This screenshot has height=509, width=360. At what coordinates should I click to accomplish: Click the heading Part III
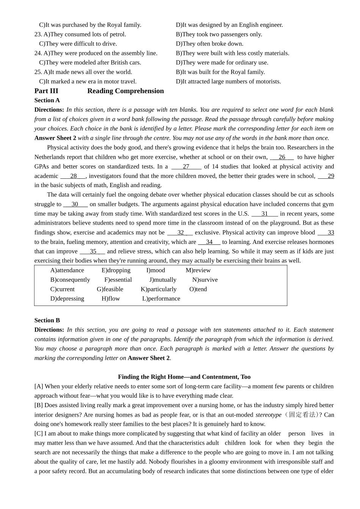pyautogui.click(x=46, y=91)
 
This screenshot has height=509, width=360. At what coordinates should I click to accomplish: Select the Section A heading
pyautogui.click(x=47, y=100)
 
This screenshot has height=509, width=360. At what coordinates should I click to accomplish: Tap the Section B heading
pyautogui.click(x=47, y=320)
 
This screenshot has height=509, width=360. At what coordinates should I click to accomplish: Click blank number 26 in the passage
pyautogui.click(x=282, y=157)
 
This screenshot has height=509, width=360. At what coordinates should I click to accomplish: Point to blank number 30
pyautogui.click(x=75, y=204)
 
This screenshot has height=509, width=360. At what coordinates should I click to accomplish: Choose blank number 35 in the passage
pyautogui.click(x=93, y=251)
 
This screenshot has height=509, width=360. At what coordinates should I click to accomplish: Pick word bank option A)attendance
pyautogui.click(x=67, y=270)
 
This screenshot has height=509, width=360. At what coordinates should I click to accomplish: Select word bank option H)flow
pyautogui.click(x=111, y=299)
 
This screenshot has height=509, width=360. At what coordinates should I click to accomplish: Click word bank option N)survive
pyautogui.click(x=205, y=280)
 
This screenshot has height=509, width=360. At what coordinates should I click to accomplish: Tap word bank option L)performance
pyautogui.click(x=161, y=299)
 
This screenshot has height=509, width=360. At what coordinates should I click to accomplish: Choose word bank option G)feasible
pyautogui.click(x=110, y=289)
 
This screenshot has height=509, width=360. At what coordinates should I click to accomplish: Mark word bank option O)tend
pyautogui.click(x=198, y=289)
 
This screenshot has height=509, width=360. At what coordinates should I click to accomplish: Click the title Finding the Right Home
pyautogui.click(x=184, y=377)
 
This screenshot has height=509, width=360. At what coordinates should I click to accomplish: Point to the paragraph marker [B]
pyautogui.click(x=39, y=405)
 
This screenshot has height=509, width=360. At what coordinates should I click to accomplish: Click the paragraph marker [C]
pyautogui.click(x=39, y=434)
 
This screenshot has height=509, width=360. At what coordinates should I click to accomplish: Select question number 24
pyautogui.click(x=38, y=53)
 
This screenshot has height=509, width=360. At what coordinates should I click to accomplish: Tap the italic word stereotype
pyautogui.click(x=268, y=415)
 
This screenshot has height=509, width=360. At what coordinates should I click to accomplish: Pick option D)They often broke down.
pyautogui.click(x=210, y=44)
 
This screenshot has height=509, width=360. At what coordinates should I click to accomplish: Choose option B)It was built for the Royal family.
pyautogui.click(x=220, y=72)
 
